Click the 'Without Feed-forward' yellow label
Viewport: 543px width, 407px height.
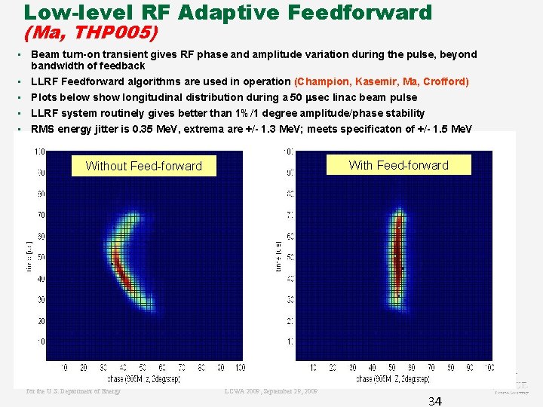click(x=143, y=166)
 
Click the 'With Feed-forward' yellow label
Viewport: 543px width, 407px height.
click(x=398, y=165)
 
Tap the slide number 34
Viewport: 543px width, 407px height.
click(x=434, y=401)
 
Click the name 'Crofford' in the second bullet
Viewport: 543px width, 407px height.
click(x=444, y=81)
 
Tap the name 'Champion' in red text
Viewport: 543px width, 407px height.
click(x=325, y=81)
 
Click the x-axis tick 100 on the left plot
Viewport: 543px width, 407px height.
click(x=239, y=368)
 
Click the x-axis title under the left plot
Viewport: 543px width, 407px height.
click(x=144, y=378)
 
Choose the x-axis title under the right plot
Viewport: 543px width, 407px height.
click(x=393, y=378)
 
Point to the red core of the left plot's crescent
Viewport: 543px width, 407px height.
click(x=121, y=271)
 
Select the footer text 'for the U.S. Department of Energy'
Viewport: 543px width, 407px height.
click(x=73, y=391)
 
